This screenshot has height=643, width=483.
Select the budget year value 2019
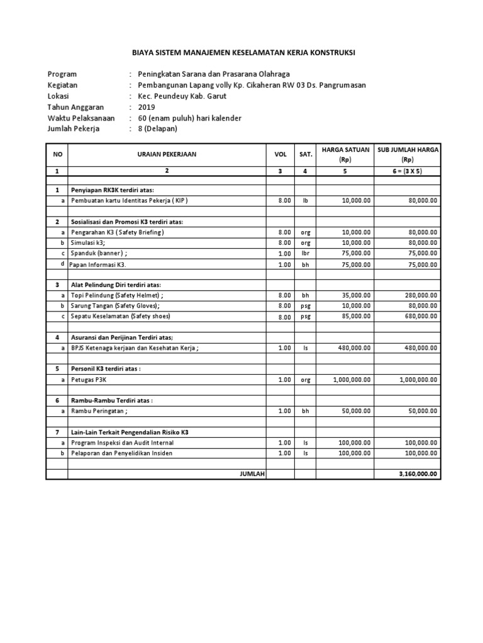coord(147,107)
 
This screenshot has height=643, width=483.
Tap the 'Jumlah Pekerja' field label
coord(74,129)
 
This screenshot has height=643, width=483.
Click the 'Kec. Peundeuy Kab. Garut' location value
coord(182,96)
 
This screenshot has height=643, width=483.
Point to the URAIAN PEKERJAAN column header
coord(167,154)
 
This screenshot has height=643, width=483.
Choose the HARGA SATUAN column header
coord(345,154)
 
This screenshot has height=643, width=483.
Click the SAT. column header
coord(306,154)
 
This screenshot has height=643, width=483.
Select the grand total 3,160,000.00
coord(418,474)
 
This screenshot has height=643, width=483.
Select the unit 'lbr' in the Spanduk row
coord(306,253)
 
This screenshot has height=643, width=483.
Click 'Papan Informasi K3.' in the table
coord(103,264)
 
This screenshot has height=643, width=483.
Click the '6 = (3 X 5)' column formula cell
coord(408,170)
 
